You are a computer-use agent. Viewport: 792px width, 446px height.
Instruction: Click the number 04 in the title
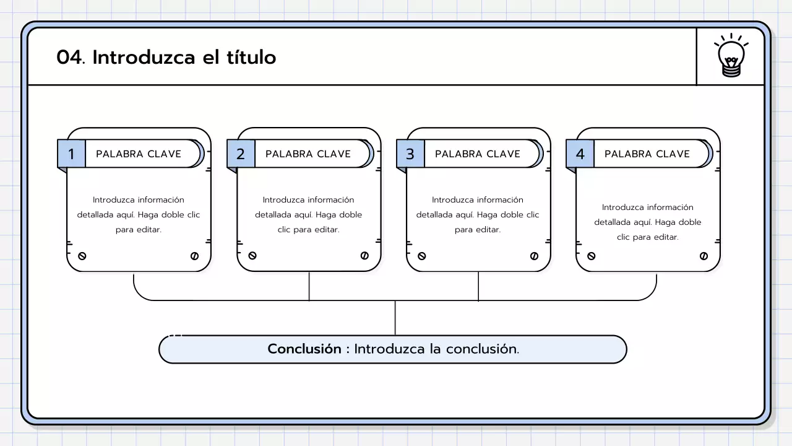[x=69, y=58]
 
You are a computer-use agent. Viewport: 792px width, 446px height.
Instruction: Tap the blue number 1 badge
[x=71, y=154]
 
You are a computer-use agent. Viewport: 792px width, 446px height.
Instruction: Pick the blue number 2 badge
[x=241, y=154]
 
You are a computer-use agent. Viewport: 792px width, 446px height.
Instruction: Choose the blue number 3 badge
[x=410, y=154]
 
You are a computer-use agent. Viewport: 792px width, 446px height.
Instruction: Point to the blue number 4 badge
[x=580, y=154]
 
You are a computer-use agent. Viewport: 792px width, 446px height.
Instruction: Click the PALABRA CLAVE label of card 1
[x=139, y=154]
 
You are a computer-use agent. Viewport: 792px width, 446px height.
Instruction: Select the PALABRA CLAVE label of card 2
[x=308, y=154]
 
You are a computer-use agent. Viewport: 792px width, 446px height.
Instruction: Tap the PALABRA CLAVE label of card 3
[x=478, y=154]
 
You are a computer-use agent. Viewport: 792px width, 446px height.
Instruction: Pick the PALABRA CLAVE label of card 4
[x=647, y=154]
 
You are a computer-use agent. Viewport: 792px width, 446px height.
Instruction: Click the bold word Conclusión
[x=304, y=349]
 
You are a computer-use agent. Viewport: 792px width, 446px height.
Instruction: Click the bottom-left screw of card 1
[x=82, y=256]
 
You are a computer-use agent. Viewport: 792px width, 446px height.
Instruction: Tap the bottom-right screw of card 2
[x=364, y=256]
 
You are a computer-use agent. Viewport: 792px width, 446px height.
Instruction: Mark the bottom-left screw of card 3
[x=422, y=256]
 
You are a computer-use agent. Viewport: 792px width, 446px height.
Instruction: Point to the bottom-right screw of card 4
[x=704, y=256]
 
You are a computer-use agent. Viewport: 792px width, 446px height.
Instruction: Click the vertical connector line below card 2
[x=309, y=286]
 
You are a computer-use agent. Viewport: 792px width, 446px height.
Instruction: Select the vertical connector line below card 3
[x=478, y=286]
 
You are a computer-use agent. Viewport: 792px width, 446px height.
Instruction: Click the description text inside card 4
[x=648, y=222]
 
